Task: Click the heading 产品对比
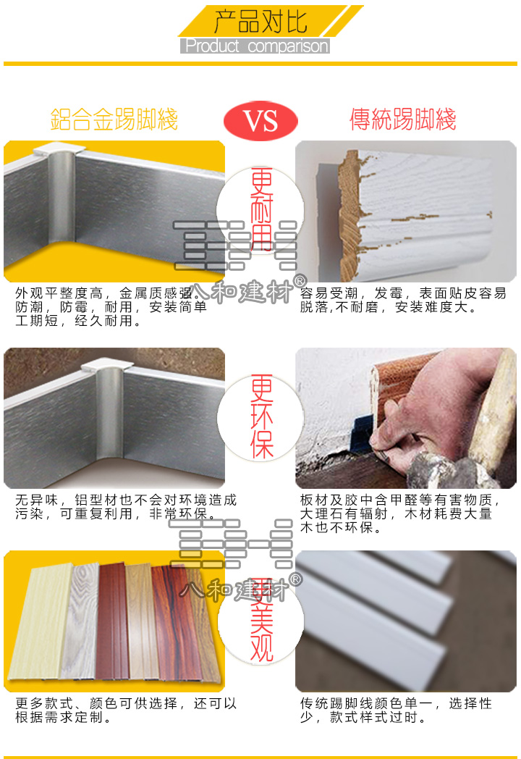tap(260, 21)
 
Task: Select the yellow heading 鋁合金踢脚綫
tap(114, 119)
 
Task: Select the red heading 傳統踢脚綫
tap(403, 119)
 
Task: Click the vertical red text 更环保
tap(262, 416)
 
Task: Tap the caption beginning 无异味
tap(123, 507)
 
